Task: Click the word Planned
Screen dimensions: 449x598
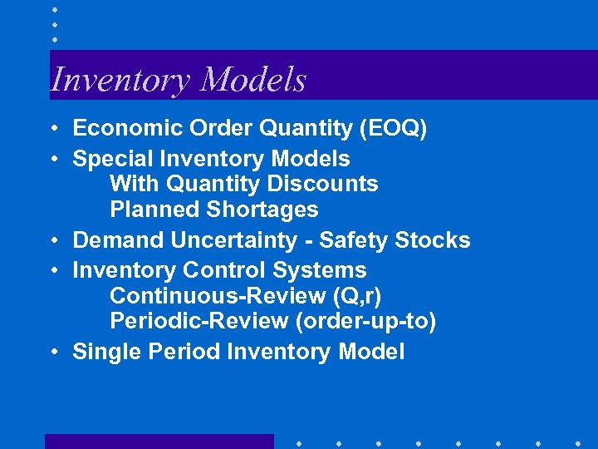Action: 146,210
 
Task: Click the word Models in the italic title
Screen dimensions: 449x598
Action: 253,79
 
